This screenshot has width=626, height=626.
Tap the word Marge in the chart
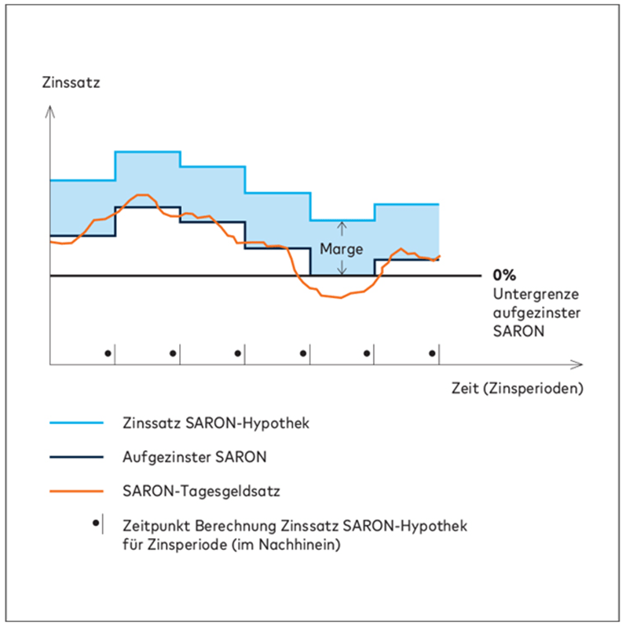click(x=342, y=249)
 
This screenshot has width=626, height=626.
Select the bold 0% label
click(x=503, y=276)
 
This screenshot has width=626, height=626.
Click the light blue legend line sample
click(x=76, y=423)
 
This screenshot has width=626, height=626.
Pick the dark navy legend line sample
click(x=76, y=456)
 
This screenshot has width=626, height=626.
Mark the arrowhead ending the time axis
click(x=579, y=364)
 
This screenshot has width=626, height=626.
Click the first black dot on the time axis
click(x=108, y=353)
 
